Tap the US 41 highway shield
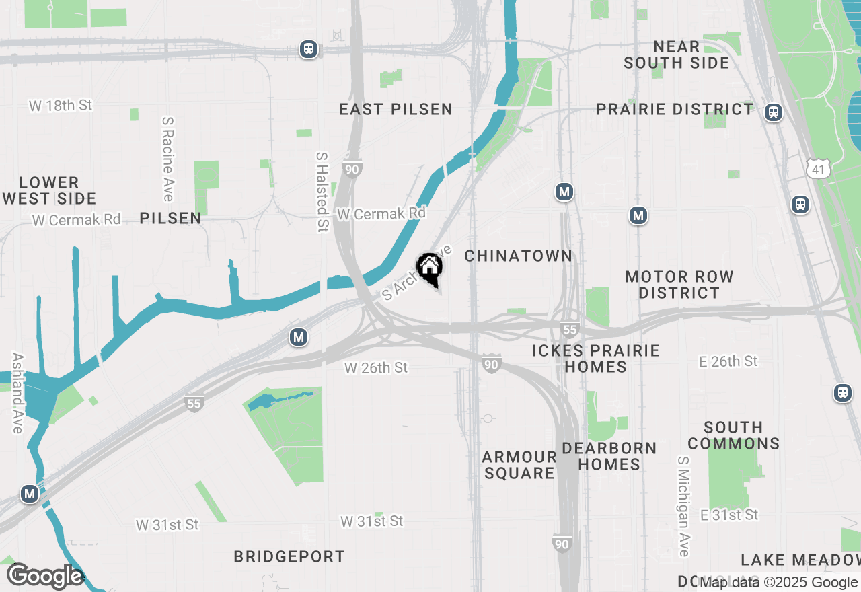point(819,170)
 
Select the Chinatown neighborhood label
point(518,256)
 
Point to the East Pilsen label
point(396,109)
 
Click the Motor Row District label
point(679,285)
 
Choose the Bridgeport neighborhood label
point(289,556)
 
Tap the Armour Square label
point(519,465)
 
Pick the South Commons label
point(733,435)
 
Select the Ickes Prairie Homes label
point(596,359)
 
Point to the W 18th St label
point(61,106)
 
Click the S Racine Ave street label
point(168,159)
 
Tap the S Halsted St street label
point(322,192)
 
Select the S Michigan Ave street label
point(683,507)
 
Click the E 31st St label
point(729,515)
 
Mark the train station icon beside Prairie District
point(774,112)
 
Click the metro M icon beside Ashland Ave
point(30,494)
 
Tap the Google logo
point(45,576)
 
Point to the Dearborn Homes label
point(609,456)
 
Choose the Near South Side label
point(676,55)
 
